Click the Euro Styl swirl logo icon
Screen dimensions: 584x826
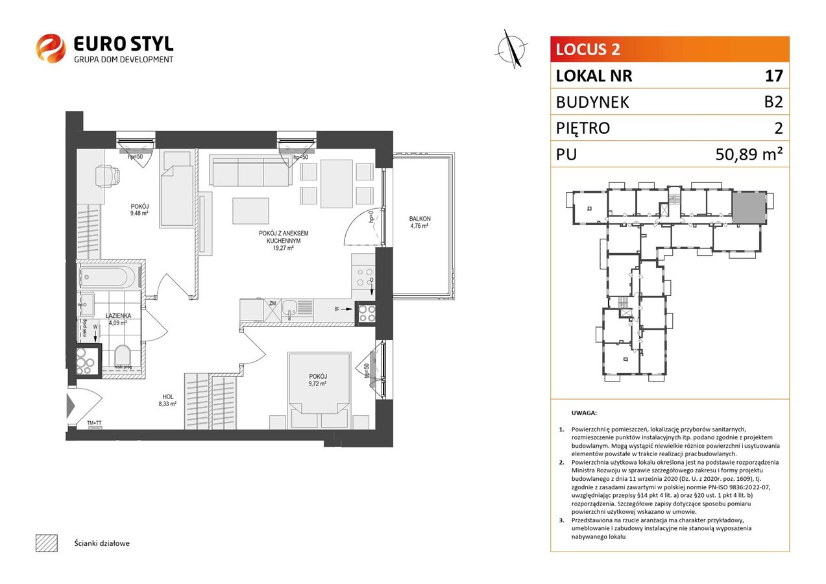[50, 48]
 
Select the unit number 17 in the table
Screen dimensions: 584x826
[773, 76]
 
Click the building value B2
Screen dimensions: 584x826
[773, 102]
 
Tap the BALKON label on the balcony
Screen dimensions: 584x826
[420, 219]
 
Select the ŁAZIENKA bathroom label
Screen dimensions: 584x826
[119, 315]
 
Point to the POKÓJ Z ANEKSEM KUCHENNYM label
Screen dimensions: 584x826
[282, 237]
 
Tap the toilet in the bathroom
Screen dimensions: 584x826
[123, 356]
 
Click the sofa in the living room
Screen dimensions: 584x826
[250, 172]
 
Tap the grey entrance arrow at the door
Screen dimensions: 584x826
[71, 406]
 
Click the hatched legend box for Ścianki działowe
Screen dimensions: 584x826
[46, 542]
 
